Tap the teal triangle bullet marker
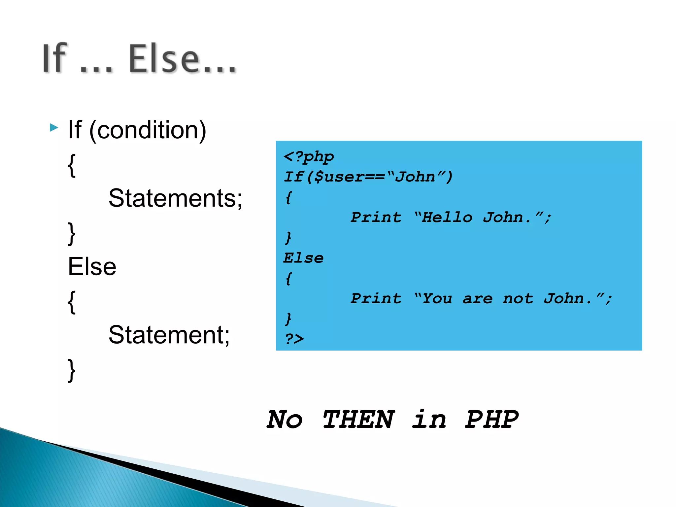[54, 127]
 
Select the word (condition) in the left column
[148, 130]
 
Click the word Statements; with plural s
[175, 198]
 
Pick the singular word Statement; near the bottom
[169, 335]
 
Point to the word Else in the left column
[92, 267]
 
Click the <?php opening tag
[309, 156]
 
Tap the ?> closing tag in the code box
[294, 339]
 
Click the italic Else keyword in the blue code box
[303, 258]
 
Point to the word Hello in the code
[447, 218]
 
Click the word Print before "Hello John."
[376, 218]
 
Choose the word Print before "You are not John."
[376, 299]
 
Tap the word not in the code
[518, 299]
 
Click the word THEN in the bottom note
[358, 420]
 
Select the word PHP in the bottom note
[491, 420]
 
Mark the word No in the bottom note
[285, 420]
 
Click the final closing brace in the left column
[72, 370]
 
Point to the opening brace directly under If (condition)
[72, 165]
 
